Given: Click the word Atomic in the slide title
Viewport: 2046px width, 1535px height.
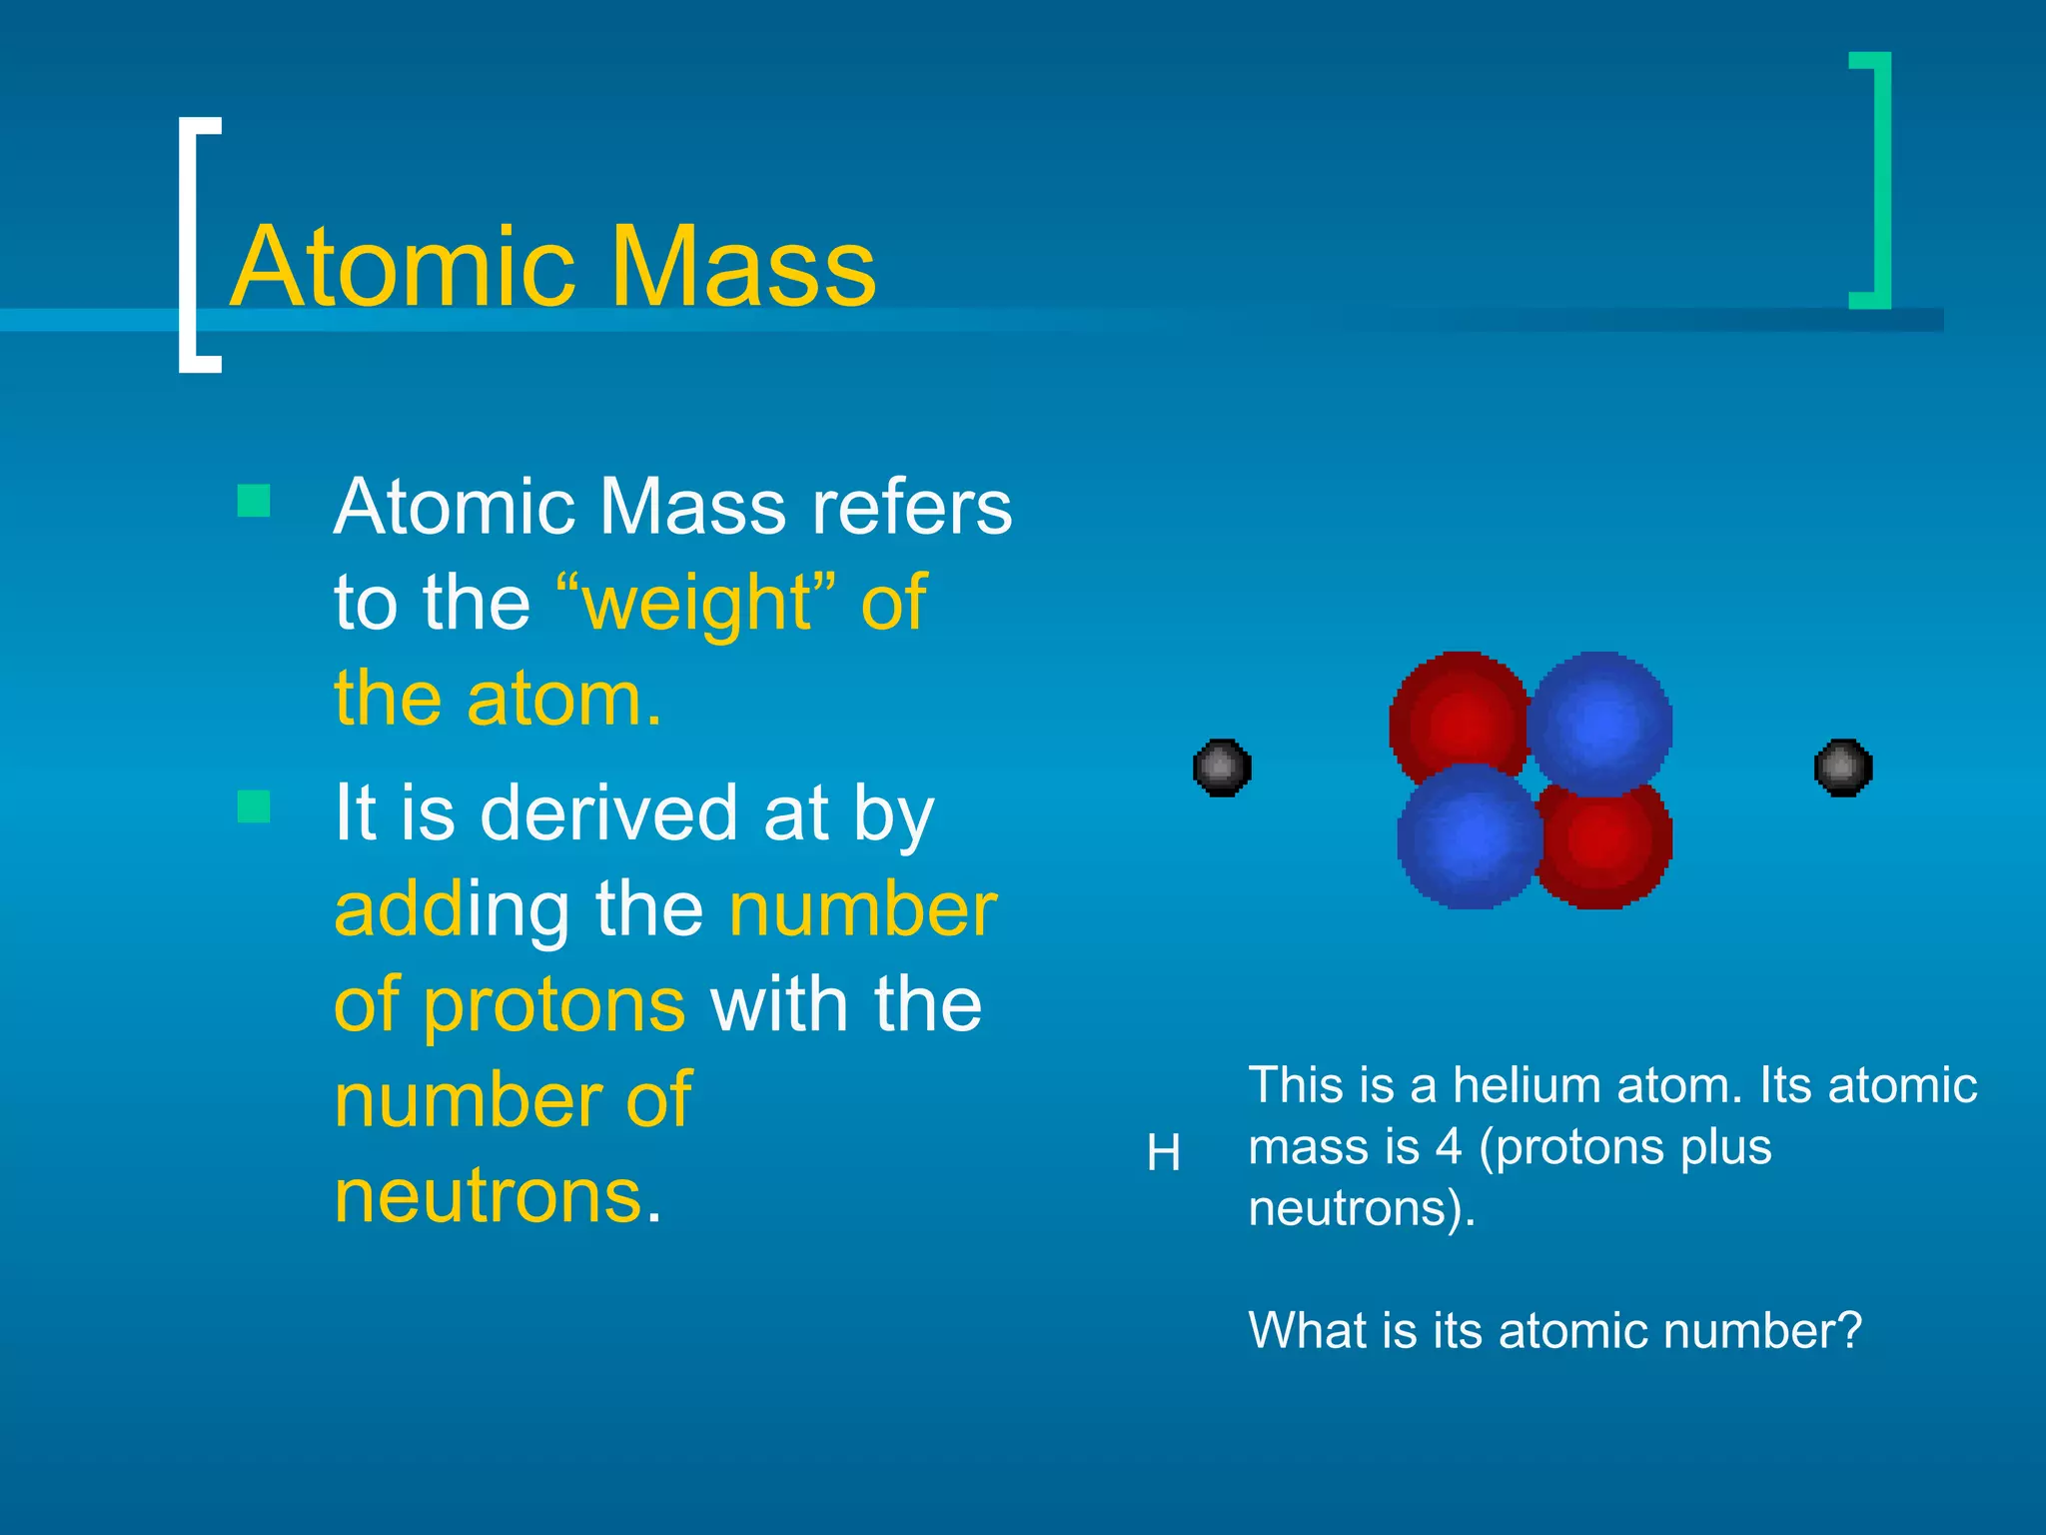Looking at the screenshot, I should (404, 267).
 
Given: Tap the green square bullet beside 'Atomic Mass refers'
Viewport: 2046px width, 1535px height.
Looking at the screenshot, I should (254, 501).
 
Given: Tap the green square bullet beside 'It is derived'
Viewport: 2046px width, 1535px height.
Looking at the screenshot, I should (254, 806).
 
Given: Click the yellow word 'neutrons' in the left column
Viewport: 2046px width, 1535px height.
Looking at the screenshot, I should (488, 1196).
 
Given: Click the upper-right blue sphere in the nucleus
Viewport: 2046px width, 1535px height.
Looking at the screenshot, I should (1601, 722).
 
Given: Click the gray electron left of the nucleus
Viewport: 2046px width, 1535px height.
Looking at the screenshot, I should (1222, 767).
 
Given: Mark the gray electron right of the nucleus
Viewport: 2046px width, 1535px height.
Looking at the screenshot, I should (1842, 767).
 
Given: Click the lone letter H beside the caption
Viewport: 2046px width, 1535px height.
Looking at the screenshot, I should (1164, 1154).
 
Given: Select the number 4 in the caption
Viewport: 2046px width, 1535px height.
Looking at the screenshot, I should (1449, 1146).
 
